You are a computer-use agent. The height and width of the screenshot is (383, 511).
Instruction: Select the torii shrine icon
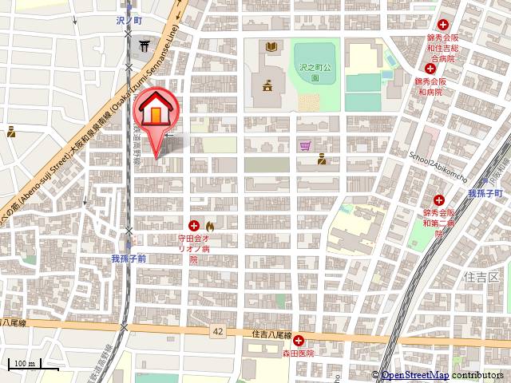(x=145, y=45)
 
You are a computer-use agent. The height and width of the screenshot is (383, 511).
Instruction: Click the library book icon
(x=271, y=47)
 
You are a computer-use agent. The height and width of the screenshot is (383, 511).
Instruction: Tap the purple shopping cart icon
(x=306, y=146)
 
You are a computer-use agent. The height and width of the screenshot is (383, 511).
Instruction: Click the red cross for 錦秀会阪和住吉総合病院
(x=442, y=26)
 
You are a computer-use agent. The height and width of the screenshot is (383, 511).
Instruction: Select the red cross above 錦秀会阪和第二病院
(x=439, y=199)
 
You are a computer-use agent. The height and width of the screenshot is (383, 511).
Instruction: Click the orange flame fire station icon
(x=209, y=226)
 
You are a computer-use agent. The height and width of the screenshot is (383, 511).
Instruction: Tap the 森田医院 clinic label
(x=298, y=352)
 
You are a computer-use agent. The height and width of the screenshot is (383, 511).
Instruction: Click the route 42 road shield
(x=217, y=330)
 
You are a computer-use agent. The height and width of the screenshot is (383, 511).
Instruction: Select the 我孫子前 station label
(x=128, y=259)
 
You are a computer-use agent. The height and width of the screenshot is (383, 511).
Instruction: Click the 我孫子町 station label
(x=482, y=194)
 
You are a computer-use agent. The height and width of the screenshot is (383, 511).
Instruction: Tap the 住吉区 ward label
(x=480, y=277)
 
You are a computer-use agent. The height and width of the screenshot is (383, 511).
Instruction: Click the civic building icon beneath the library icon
(x=266, y=84)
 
